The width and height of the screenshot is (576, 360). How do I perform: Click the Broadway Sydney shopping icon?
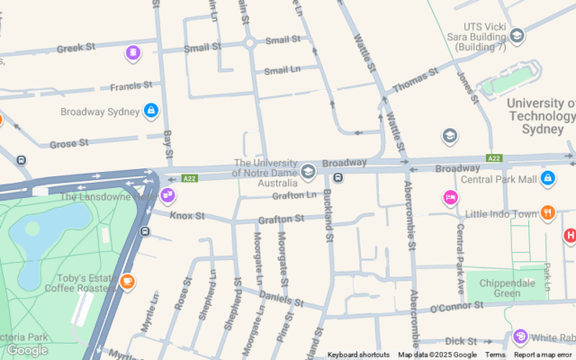150,111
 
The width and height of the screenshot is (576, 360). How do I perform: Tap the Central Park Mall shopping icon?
547,178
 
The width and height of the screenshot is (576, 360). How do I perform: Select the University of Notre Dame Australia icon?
308,171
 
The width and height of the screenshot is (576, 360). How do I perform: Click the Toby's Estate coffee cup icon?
127,282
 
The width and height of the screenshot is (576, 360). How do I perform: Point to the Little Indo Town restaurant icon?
571,213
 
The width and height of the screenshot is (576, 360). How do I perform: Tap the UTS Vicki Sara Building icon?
517,36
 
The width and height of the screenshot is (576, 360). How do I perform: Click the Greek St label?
76,48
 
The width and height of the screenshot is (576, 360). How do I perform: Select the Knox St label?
187,216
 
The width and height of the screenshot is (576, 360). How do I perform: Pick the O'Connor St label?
456,308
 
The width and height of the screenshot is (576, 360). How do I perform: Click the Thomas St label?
415,79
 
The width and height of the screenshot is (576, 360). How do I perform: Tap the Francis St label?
131,86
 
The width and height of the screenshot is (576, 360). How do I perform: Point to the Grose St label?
68,143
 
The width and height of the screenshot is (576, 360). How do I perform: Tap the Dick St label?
461,341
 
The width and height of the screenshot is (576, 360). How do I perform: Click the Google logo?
27,350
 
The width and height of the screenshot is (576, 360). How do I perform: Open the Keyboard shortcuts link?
358,355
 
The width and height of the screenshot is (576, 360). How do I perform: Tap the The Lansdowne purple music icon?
167,194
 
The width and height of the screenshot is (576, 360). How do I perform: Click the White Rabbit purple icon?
519,337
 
